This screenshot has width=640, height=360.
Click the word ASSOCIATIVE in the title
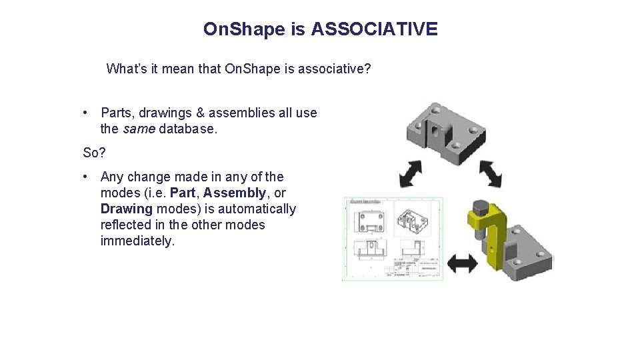click(x=374, y=29)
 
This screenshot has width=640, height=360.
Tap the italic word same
click(x=139, y=129)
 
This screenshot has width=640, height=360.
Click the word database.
click(x=188, y=129)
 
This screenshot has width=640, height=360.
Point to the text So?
click(x=94, y=153)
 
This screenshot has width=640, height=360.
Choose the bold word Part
click(x=183, y=193)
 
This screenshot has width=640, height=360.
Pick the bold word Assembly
click(x=234, y=193)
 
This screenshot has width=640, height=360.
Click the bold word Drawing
click(x=127, y=209)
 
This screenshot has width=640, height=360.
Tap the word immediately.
click(x=137, y=241)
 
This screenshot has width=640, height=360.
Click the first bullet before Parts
click(x=87, y=113)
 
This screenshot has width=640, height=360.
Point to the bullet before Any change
click(x=87, y=177)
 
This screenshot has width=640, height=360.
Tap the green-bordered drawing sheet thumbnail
click(x=393, y=238)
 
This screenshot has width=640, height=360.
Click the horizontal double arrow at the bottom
click(x=462, y=264)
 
